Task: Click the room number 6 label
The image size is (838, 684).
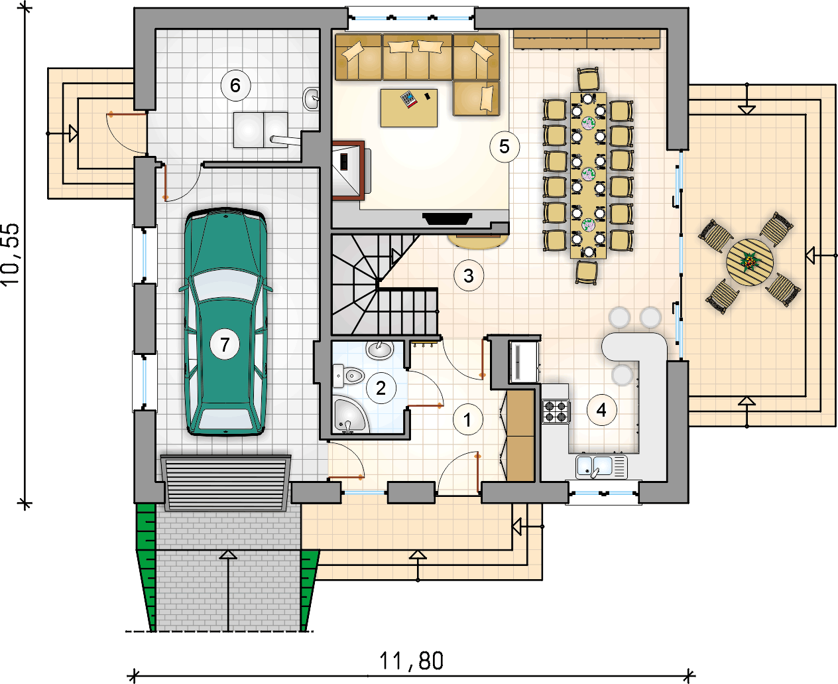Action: [235, 86]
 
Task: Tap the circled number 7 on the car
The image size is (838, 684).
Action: [225, 344]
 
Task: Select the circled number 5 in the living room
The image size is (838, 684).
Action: [505, 147]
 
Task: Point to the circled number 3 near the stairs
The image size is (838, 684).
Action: [469, 275]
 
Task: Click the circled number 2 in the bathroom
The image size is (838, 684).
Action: [381, 388]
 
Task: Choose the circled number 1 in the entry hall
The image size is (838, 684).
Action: [467, 419]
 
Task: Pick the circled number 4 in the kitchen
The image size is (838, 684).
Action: [601, 410]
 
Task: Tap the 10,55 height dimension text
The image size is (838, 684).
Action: [11, 255]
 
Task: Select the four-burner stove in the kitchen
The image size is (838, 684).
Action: [556, 411]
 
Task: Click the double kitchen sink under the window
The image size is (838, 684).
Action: [601, 466]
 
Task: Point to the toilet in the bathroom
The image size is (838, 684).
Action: [349, 376]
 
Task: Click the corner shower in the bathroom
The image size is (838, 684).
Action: [350, 415]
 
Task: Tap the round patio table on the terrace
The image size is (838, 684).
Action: [750, 262]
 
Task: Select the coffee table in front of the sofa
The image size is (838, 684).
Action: [409, 108]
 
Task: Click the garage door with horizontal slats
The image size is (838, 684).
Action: [225, 483]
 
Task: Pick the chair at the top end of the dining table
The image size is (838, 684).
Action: [588, 80]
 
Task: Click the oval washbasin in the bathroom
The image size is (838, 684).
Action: [380, 350]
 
